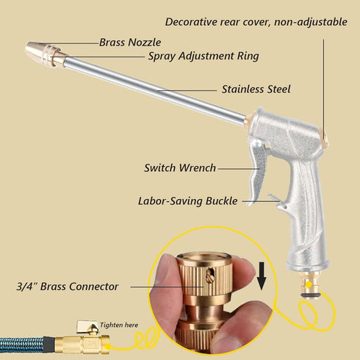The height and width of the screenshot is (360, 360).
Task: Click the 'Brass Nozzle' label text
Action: tap(130, 43)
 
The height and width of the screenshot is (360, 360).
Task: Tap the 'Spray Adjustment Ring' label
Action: tap(204, 56)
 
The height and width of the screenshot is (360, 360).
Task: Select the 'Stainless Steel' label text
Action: tap(256, 89)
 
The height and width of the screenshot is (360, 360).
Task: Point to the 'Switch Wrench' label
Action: tap(180, 168)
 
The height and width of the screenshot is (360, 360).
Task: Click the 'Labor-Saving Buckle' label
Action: tap(188, 201)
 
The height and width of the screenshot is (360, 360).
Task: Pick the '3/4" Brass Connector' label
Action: tap(68, 287)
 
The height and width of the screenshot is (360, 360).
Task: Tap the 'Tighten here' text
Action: tap(119, 325)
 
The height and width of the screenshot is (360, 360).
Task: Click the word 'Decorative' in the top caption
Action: tap(190, 22)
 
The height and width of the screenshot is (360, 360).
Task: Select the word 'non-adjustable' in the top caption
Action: tap(311, 22)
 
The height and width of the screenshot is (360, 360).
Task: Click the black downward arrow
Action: tap(262, 276)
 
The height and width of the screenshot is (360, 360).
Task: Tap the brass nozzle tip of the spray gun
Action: tap(34, 50)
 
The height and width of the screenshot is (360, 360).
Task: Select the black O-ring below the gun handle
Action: tap(309, 295)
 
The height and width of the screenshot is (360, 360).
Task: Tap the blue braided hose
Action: tap(22, 345)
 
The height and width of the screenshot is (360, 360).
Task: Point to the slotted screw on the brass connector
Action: tap(210, 278)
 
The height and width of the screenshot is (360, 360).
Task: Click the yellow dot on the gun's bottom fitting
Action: tap(309, 284)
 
